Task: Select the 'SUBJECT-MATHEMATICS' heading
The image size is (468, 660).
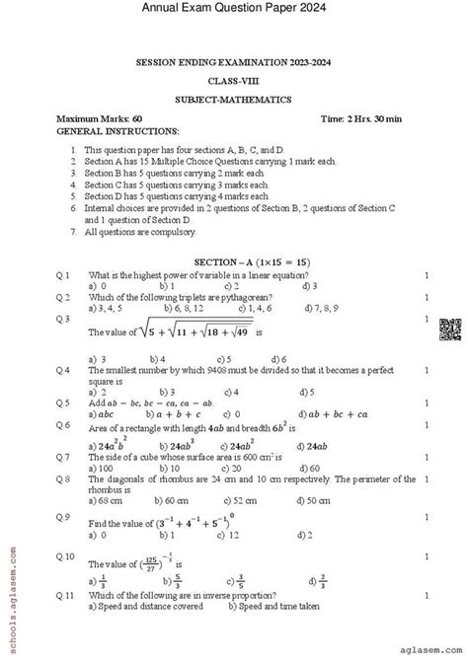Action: pyautogui.click(x=233, y=100)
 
